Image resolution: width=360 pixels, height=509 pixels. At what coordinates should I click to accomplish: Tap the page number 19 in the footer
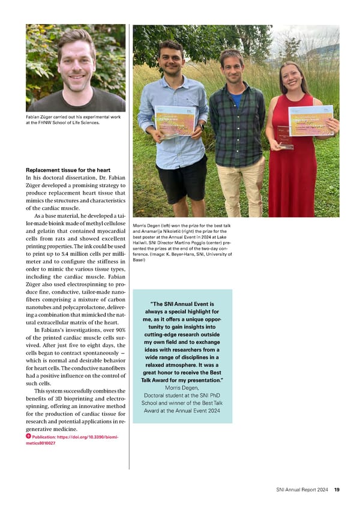coord(337,490)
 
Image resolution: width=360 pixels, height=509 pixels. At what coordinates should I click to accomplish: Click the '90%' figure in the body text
coord(120,330)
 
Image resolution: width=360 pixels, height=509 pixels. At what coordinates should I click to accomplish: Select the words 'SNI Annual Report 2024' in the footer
coord(298,490)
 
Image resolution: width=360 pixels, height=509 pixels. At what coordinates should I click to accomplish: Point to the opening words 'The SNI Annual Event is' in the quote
coord(183,304)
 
